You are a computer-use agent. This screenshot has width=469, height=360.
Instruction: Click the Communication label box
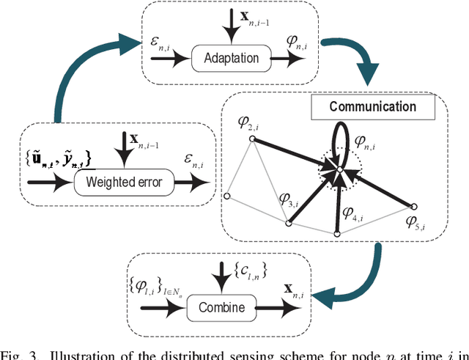(372, 107)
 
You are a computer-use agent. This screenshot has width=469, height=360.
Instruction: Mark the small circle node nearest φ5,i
(416, 205)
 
